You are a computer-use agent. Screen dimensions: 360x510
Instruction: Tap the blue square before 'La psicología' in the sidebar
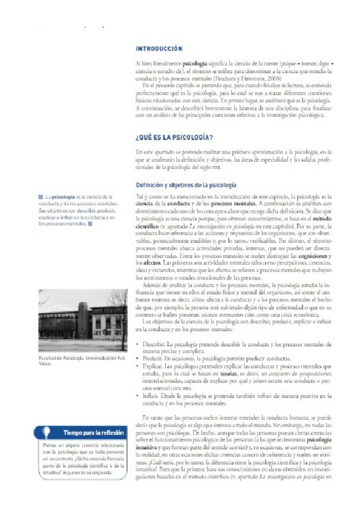pos(39,196)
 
